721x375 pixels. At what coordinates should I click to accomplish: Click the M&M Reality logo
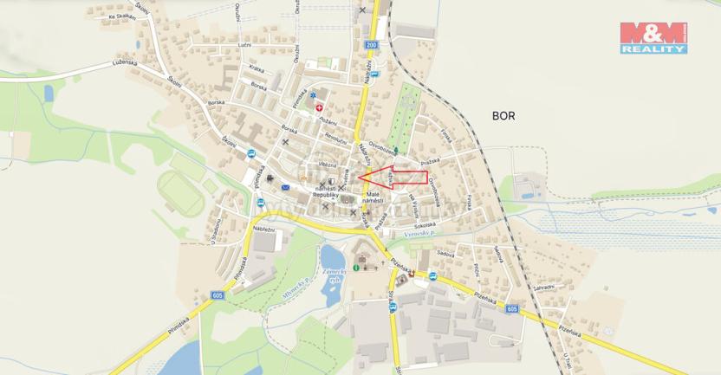653,37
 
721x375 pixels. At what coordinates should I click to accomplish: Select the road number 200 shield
372,44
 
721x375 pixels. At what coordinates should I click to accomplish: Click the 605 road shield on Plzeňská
511,308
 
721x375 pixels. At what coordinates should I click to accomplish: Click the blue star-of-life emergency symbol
313,94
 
